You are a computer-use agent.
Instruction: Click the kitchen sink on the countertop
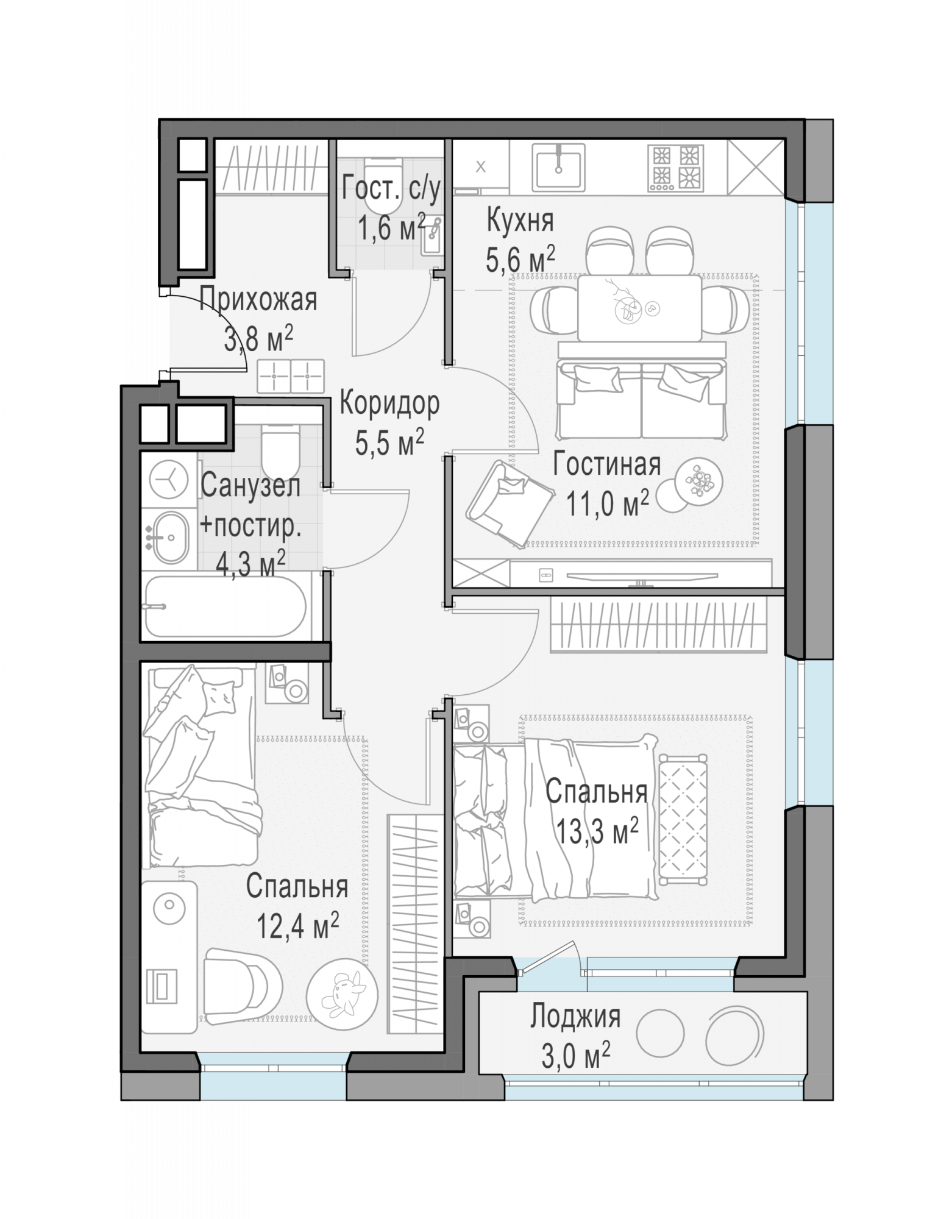pos(558,166)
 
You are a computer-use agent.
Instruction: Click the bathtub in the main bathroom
pos(225,607)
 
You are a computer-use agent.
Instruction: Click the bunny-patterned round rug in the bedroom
pos(339,994)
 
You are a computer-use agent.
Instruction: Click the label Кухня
pos(520,221)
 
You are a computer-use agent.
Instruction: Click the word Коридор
pos(389,403)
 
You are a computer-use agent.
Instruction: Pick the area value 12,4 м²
pos(297,927)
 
